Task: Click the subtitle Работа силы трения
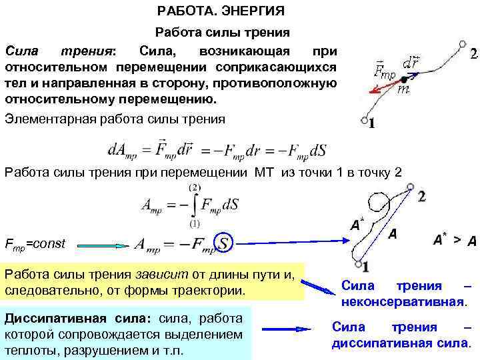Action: [222, 32]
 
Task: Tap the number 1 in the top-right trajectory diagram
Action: [372, 123]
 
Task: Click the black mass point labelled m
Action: [404, 79]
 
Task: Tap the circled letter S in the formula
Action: [225, 243]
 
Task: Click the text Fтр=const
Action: [35, 244]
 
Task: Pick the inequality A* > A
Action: [454, 241]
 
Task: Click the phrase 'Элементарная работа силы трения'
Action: [115, 119]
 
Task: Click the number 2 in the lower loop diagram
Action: [421, 196]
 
